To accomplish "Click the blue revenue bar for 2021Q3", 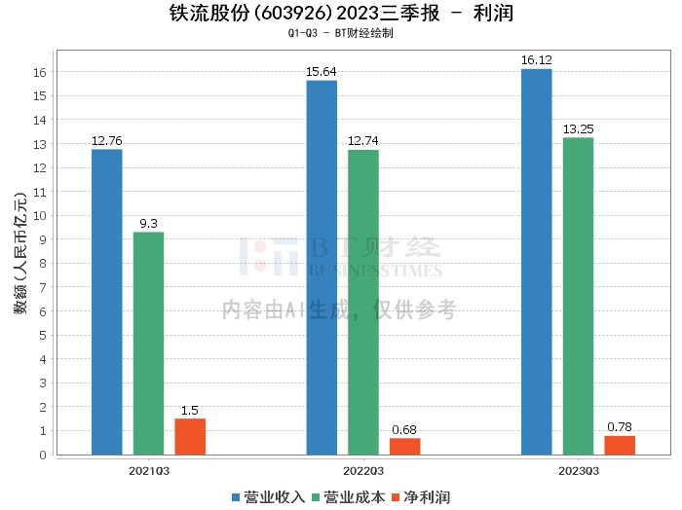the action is click(x=107, y=302).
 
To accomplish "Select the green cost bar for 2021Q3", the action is click(x=148, y=344).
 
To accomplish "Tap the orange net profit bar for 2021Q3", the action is click(x=190, y=437).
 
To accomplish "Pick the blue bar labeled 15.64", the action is click(x=322, y=268).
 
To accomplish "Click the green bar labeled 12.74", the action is click(x=363, y=303).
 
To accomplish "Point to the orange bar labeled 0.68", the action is click(x=405, y=447).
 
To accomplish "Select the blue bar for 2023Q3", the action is click(x=536, y=262).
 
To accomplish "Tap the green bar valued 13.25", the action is click(x=578, y=296).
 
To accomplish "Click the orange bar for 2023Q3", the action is click(x=620, y=445).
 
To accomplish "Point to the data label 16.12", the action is click(x=536, y=60).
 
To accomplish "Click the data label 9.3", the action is click(x=148, y=223).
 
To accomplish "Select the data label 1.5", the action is click(x=190, y=410).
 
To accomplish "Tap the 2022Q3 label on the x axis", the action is click(x=363, y=471).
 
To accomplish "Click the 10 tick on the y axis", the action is click(x=40, y=215).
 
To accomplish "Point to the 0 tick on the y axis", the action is click(x=43, y=455).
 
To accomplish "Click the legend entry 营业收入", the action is click(x=268, y=497).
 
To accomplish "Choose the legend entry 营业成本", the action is click(x=349, y=497).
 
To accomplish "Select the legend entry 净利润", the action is click(x=421, y=497).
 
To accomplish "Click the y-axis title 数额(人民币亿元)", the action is click(x=20, y=253).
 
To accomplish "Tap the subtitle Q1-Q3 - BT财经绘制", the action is click(x=341, y=33).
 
